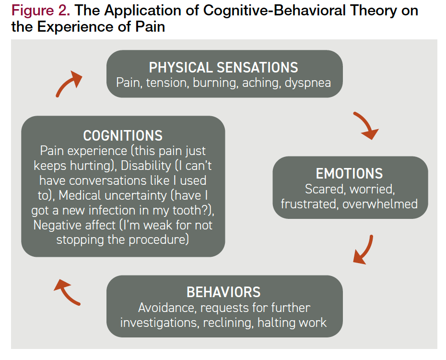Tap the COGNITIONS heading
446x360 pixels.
pos(123,135)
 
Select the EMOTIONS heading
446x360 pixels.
pos(349,173)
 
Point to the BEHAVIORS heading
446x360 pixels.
pos(223,292)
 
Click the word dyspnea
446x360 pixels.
pos(307,82)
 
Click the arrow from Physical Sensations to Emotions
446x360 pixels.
pos(366,126)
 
